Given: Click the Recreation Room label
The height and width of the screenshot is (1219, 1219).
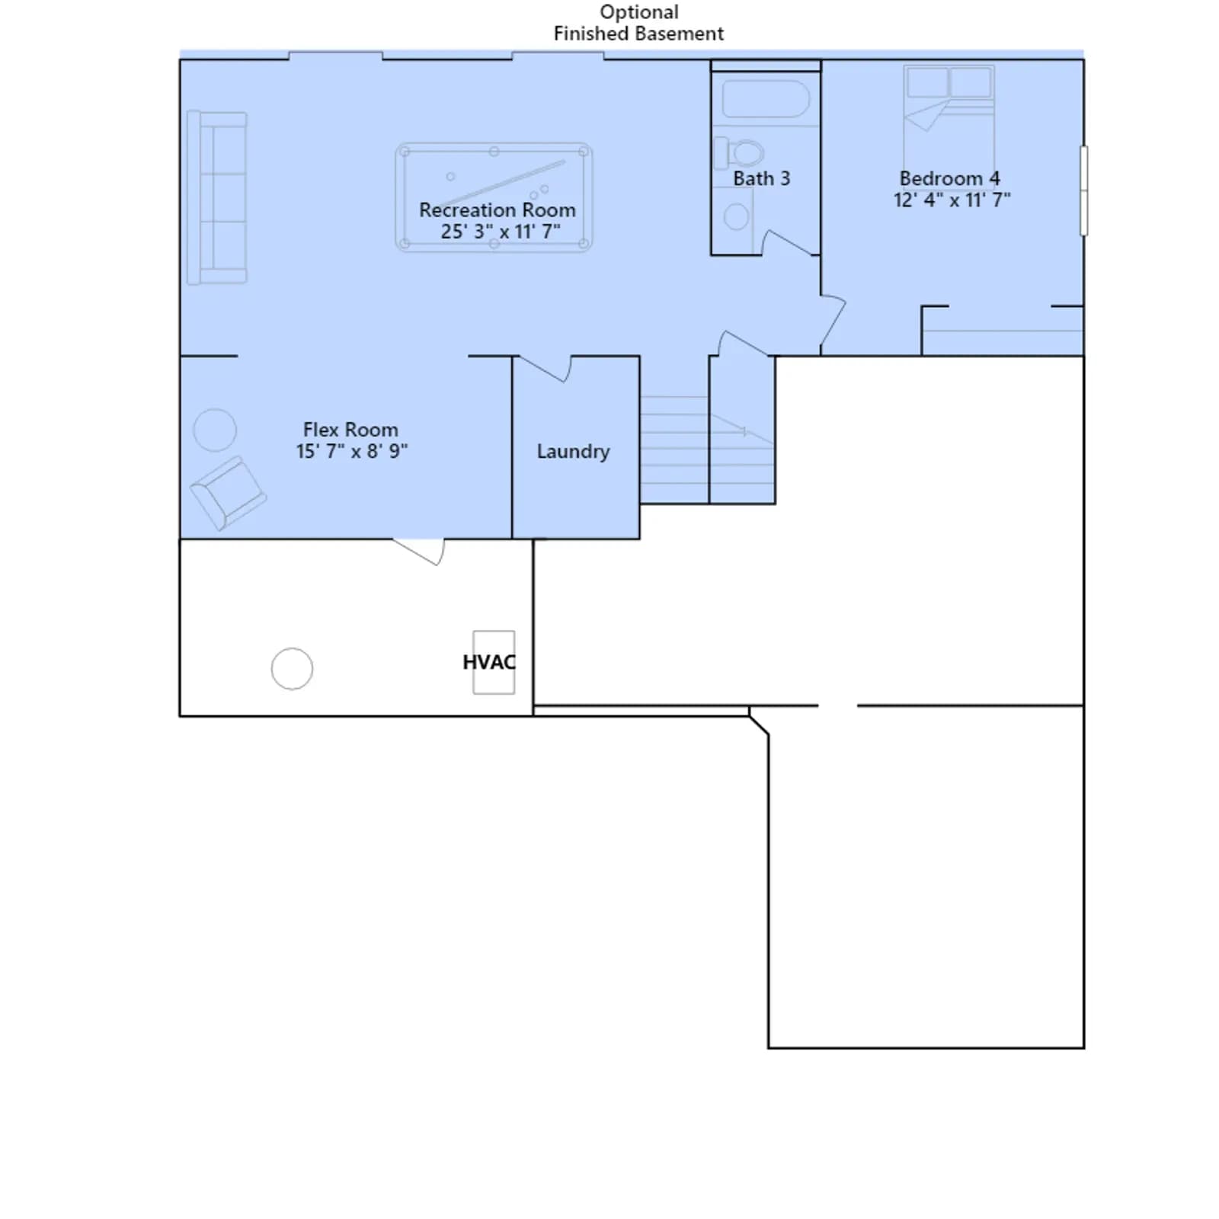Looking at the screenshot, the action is (498, 210).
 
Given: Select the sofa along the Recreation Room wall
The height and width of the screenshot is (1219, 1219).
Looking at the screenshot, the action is (217, 198).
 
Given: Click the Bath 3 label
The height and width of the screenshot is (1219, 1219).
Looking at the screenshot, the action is (761, 178).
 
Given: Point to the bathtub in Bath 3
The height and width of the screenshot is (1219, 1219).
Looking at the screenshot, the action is (766, 99).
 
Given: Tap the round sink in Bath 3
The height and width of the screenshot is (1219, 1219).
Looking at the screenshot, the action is (736, 216).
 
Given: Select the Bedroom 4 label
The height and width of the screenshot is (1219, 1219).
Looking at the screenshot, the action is (950, 178).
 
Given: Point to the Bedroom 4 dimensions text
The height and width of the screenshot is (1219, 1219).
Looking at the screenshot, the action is (952, 200).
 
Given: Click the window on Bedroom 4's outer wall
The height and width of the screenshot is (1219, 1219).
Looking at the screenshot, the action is (1084, 190).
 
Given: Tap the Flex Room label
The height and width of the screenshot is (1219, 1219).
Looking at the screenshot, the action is (350, 430).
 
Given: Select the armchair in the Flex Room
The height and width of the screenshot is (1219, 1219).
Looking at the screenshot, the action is (228, 493).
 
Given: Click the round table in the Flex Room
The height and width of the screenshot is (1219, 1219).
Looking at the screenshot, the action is (215, 430).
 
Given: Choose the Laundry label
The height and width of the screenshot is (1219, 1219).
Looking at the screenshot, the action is (573, 452).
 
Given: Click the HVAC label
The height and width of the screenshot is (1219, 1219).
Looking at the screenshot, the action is (489, 662).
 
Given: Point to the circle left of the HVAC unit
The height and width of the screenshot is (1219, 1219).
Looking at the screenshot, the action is (292, 669).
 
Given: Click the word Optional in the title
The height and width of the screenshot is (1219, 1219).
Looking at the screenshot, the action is (639, 12).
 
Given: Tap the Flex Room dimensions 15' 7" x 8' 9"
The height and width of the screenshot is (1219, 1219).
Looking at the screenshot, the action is (352, 451).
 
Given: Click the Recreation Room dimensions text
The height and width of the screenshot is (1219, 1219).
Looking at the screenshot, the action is (501, 231).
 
